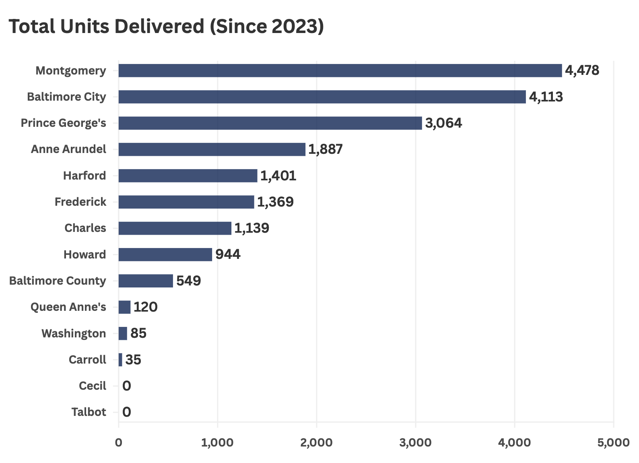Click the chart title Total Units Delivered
coord(166,27)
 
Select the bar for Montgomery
coord(340,70)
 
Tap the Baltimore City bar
coord(322,97)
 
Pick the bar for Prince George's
coord(270,123)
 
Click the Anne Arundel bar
coord(212,149)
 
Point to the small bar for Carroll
coord(120,360)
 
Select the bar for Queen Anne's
coord(124,307)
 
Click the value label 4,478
coord(582,70)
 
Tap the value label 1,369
coord(275,202)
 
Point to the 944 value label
coord(228,254)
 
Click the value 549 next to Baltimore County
coord(188,281)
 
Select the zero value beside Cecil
coord(126,386)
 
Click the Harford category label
coord(85,176)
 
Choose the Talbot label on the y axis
coord(89,412)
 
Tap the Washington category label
coord(74,333)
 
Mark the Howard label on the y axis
coord(85,254)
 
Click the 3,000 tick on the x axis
coord(415,442)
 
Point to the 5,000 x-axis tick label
coord(613,442)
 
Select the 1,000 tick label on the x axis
coord(217,442)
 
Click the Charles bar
coord(175,228)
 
